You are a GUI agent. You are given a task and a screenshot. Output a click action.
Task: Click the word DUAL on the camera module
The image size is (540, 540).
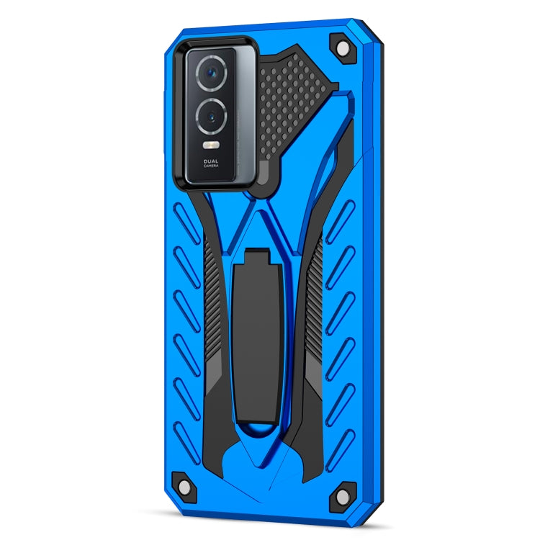pos(211,161)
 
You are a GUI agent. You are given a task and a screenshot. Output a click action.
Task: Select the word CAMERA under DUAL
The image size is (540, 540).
pos(211,167)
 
